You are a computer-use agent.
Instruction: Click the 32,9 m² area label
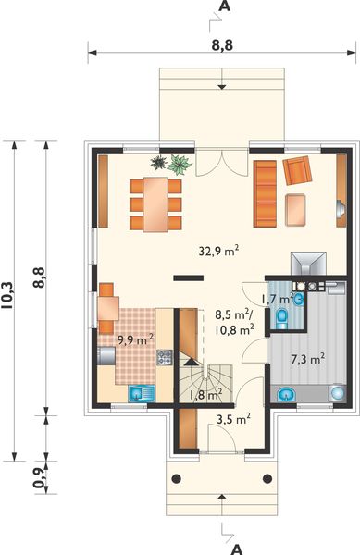tap(219, 250)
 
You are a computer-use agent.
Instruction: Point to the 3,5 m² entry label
tap(232, 419)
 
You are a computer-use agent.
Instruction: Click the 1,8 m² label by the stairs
tap(205, 396)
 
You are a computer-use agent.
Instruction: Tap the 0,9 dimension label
tap(38, 475)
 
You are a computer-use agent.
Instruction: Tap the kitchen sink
tap(140, 392)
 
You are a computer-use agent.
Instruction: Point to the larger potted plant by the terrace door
tap(180, 163)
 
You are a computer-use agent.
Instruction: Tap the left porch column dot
tap(176, 478)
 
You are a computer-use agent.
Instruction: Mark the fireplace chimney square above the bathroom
tap(305, 262)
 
